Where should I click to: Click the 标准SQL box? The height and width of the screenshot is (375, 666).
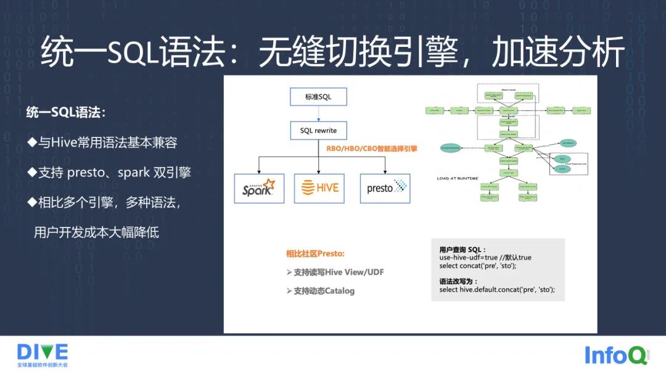pos(318,97)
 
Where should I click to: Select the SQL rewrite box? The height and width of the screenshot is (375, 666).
pos(318,130)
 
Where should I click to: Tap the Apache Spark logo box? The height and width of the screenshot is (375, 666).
pos(258,188)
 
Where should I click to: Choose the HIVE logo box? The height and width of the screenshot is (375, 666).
pos(318,188)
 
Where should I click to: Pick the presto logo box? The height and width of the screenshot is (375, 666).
pos(385,188)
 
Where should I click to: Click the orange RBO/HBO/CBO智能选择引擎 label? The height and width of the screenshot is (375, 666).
pos(372,149)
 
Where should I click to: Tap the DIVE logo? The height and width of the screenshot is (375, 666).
pos(42,352)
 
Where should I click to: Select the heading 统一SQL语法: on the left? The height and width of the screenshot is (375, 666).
pos(66,113)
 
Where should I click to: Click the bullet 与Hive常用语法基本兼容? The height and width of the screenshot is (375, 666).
pos(102,142)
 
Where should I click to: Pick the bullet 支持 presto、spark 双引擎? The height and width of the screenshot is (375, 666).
pos(109,172)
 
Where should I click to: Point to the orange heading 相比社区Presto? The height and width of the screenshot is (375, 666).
pos(315,253)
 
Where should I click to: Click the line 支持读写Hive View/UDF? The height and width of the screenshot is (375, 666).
pos(335,272)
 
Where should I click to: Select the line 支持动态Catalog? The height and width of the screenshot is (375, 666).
pos(321,291)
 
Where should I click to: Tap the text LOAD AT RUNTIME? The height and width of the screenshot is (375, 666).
pos(458,178)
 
